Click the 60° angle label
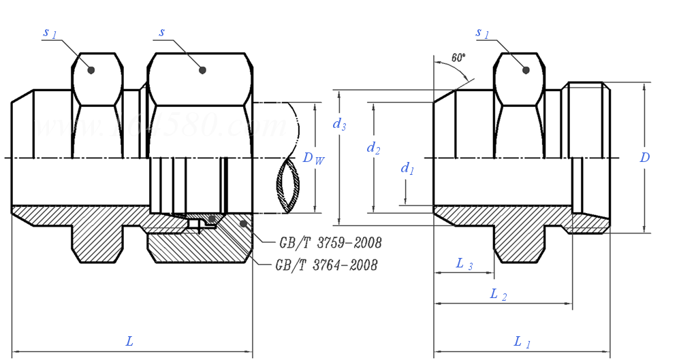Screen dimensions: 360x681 coord(458,57)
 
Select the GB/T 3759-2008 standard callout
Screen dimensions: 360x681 coord(330,243)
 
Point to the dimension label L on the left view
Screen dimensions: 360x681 coord(129,341)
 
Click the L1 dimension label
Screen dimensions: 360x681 coord(522,342)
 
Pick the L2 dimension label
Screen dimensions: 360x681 coord(498,295)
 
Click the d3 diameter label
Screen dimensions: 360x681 coord(339,124)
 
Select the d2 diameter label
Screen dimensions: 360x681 coord(373,147)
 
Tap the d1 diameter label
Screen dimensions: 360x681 coord(407,168)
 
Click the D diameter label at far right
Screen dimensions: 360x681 coord(644,158)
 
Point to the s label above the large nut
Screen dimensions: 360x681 coord(162,32)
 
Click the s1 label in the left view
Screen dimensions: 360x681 coord(50,33)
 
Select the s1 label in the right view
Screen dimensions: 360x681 coord(483,33)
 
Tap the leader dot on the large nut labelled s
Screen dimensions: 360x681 coord(202,69)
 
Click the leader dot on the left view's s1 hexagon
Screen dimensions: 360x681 coord(91,69)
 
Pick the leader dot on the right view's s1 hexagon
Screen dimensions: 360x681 coord(526,69)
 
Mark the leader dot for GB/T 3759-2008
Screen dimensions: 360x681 coord(243,223)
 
